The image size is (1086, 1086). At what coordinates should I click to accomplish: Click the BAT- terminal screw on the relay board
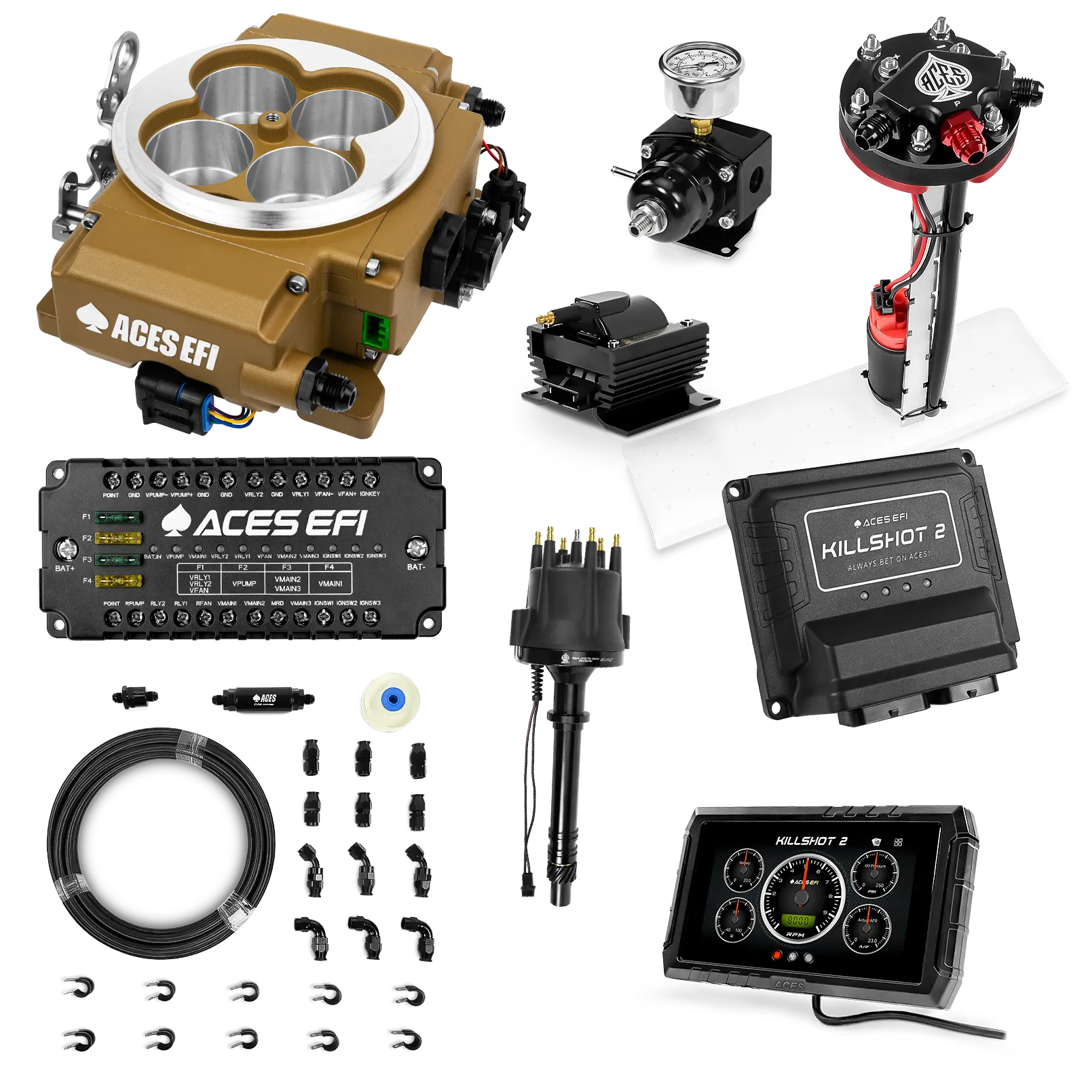tap(415, 547)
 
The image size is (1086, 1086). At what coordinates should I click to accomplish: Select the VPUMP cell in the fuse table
tap(244, 583)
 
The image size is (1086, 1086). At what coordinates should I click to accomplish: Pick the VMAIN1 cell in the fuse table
tap(331, 583)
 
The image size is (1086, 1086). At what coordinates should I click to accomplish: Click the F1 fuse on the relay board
tap(117, 518)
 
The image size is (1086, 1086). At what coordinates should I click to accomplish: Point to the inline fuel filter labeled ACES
tap(263, 698)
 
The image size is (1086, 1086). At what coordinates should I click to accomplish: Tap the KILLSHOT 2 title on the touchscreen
tap(811, 841)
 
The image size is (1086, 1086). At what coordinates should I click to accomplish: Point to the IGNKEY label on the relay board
tap(370, 494)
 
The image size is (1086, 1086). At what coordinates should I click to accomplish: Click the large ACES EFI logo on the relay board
tap(265, 523)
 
